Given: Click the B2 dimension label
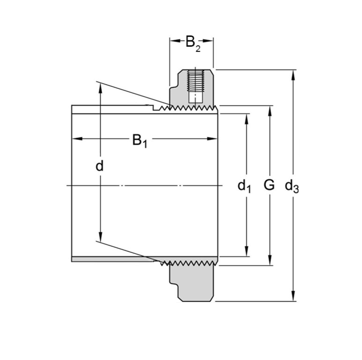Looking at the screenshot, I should (192, 43).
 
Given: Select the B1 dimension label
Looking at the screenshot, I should (139, 140).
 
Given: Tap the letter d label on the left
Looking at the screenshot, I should (99, 166).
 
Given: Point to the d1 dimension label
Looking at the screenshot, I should (244, 186).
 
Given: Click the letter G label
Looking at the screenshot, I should (269, 185).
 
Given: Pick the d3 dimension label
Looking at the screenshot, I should (292, 186).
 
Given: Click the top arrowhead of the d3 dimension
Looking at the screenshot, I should (294, 73).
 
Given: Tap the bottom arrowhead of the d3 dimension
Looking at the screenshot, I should (294, 298).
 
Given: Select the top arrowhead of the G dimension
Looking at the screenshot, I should (270, 110).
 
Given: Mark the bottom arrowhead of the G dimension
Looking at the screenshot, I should (270, 262).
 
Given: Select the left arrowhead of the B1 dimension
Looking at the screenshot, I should (75, 139).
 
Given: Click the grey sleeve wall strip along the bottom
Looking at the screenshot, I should (112, 259).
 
